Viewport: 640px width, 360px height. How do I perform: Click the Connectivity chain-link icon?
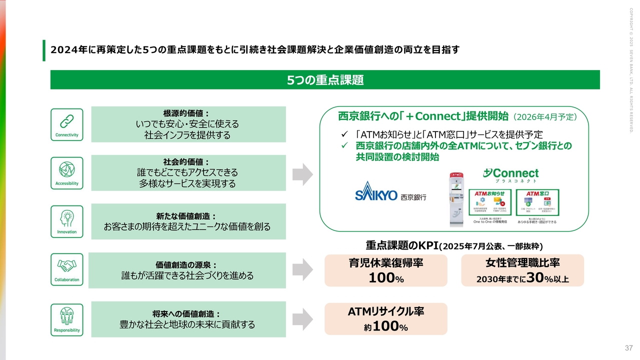(66, 121)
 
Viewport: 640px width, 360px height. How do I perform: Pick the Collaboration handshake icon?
(66, 265)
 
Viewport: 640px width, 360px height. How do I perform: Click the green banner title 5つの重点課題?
(325, 80)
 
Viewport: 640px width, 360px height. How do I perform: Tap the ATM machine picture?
(456, 198)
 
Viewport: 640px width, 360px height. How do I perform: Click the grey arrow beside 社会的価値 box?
(302, 173)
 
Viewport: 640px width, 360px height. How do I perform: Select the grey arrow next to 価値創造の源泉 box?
(302, 269)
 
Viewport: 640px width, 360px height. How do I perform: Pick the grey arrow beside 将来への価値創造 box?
(302, 319)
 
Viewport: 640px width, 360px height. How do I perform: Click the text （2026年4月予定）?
(545, 117)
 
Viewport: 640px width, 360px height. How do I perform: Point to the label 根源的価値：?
(186, 113)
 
